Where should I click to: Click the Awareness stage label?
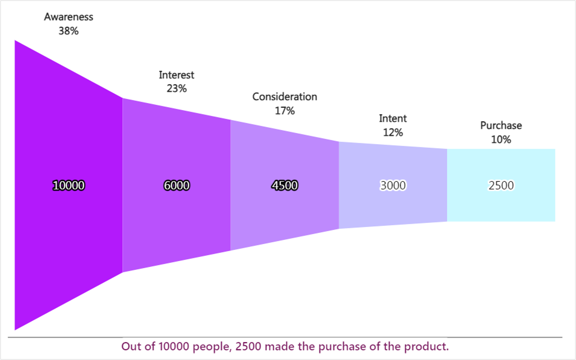pos(69,17)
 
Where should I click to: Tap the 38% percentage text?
pos(69,31)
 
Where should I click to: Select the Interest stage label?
pos(176,75)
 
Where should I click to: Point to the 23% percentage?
pos(176,89)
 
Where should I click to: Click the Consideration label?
pos(284,97)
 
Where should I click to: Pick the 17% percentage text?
pos(284,111)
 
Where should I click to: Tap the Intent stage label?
pos(393,119)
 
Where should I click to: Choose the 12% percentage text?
pos(393,133)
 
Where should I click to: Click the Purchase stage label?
pos(501,126)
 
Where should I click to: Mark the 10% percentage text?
pos(501,140)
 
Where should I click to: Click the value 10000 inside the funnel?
pos(69,185)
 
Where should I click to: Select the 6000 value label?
pos(176,185)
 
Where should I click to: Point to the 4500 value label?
pos(284,185)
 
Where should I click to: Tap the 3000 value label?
pos(393,185)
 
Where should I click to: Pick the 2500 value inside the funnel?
pos(501,185)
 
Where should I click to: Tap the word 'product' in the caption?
pos(430,347)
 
